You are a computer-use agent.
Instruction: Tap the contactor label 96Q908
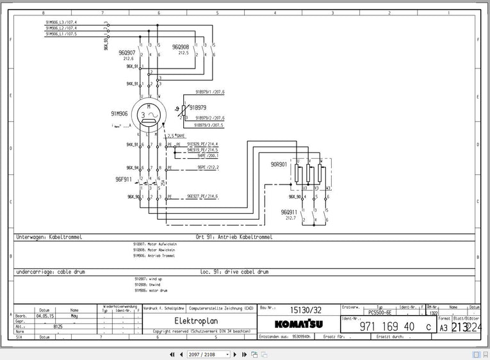click(x=181, y=47)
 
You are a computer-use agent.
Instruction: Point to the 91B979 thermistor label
click(x=197, y=108)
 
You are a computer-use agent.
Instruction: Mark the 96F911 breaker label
click(x=124, y=179)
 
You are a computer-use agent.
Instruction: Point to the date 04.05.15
click(x=44, y=316)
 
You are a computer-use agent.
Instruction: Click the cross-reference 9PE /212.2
click(x=208, y=167)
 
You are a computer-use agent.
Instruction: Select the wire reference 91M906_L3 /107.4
click(x=61, y=22)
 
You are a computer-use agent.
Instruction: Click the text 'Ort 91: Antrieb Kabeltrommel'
click(x=234, y=236)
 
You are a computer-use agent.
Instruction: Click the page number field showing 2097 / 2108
click(x=209, y=354)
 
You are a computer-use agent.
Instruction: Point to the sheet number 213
click(x=459, y=327)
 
